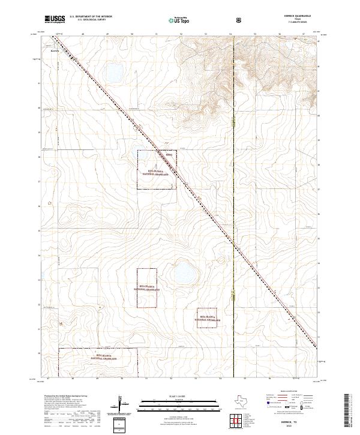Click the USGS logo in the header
coord(55,19)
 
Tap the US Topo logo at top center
coord(178,19)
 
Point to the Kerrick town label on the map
coord(54,51)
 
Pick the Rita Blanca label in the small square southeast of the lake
coord(208,317)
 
